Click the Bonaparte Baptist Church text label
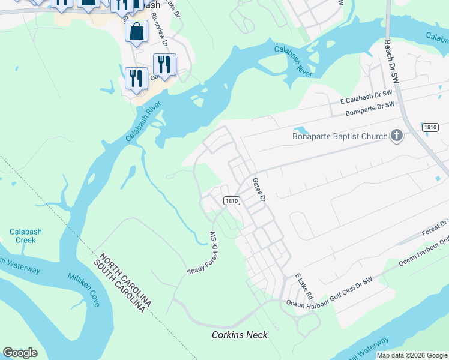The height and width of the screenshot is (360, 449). coord(340,136)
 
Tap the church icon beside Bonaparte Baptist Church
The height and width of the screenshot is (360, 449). coord(396,136)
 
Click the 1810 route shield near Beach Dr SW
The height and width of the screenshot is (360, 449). coord(430,127)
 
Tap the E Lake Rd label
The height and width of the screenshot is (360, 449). coord(304,287)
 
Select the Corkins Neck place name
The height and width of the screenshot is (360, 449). coord(240,334)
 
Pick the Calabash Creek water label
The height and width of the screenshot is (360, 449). coord(23,236)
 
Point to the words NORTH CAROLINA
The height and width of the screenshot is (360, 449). coord(127,280)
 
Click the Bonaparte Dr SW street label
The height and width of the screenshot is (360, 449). coord(370,109)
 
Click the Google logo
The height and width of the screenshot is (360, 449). coord(20,353)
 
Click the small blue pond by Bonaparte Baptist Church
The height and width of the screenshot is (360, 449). coord(301,130)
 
